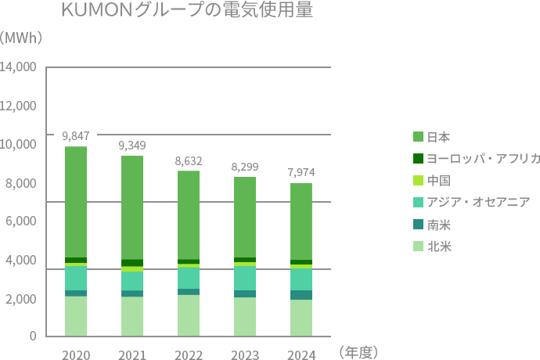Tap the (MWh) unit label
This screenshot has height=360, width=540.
click(21, 38)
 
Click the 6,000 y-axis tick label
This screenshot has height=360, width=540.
click(22, 221)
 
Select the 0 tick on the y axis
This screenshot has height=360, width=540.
click(33, 337)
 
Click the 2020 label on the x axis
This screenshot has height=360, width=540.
click(76, 355)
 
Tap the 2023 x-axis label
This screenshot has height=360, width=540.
click(245, 355)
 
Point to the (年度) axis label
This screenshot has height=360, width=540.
click(359, 353)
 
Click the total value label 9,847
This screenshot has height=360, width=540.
click(76, 135)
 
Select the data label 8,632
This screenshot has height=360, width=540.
click(189, 160)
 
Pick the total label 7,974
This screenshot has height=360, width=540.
click(301, 172)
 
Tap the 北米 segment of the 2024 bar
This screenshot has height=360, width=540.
click(301, 318)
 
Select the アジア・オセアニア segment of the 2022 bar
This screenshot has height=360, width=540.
click(189, 278)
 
